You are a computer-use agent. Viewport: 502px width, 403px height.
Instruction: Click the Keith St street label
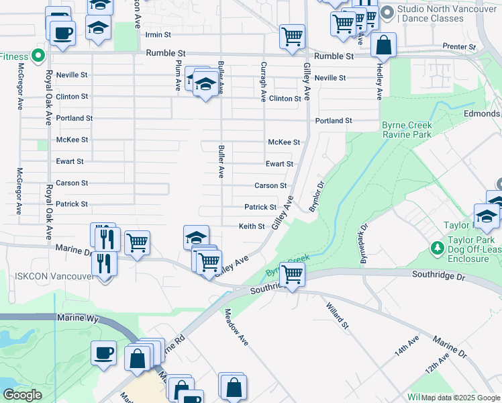[252, 226]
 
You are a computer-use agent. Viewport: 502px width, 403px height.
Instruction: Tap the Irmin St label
[158, 34]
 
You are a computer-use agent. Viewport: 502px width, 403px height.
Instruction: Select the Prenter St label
[459, 47]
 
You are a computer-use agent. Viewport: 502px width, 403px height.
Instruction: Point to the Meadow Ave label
[236, 327]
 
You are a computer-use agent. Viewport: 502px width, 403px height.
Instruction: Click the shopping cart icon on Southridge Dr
[292, 274]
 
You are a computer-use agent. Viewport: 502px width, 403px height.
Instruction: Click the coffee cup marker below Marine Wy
[104, 353]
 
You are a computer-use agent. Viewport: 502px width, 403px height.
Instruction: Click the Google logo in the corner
[22, 394]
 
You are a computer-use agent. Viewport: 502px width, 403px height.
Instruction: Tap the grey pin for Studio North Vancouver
[387, 13]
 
